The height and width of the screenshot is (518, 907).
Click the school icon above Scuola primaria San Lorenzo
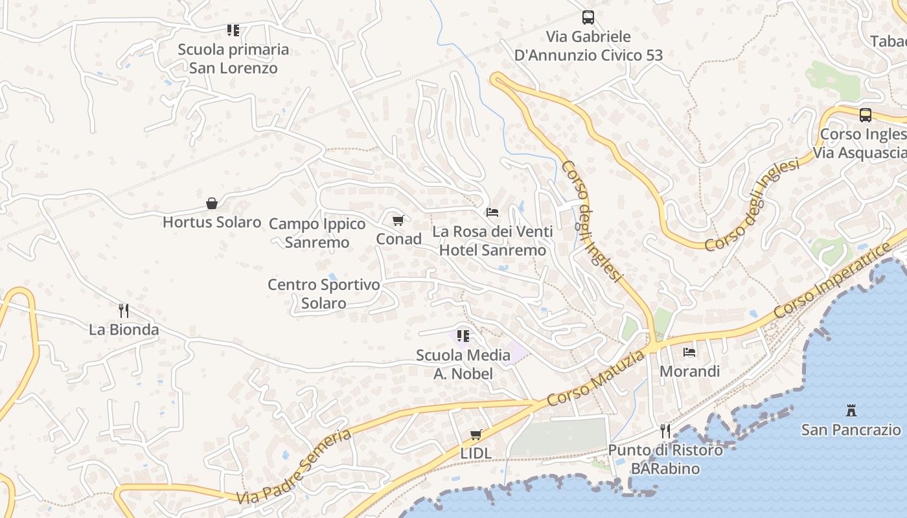pyautogui.click(x=233, y=30)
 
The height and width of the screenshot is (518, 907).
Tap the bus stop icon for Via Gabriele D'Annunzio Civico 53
pyautogui.click(x=588, y=17)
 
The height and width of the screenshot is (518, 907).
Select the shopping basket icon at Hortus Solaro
pyautogui.click(x=212, y=203)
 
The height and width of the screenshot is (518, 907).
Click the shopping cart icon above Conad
pyautogui.click(x=398, y=220)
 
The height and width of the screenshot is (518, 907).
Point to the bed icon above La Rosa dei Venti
pyautogui.click(x=492, y=212)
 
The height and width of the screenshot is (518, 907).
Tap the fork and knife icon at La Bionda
pyautogui.click(x=124, y=311)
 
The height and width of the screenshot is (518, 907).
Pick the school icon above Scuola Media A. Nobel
pyautogui.click(x=463, y=335)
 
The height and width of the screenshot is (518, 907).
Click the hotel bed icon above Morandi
pyautogui.click(x=689, y=352)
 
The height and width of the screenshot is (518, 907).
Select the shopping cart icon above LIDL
pyautogui.click(x=476, y=434)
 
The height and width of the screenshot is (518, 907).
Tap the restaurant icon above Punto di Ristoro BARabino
pyautogui.click(x=665, y=431)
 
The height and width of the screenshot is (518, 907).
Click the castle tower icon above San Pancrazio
pyautogui.click(x=851, y=410)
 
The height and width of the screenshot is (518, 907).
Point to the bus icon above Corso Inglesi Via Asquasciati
pyautogui.click(x=866, y=115)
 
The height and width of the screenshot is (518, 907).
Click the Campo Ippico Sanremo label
pyautogui.click(x=317, y=233)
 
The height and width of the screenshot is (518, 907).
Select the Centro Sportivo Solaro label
pyautogui.click(x=324, y=294)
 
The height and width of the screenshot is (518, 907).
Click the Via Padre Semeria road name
pyautogui.click(x=295, y=466)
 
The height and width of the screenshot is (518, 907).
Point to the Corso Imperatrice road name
pyautogui.click(x=832, y=280)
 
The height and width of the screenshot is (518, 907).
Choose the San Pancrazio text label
pyautogui.click(x=851, y=430)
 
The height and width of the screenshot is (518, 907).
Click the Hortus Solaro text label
pyautogui.click(x=212, y=222)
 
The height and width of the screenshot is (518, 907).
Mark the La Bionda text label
pyautogui.click(x=124, y=330)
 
